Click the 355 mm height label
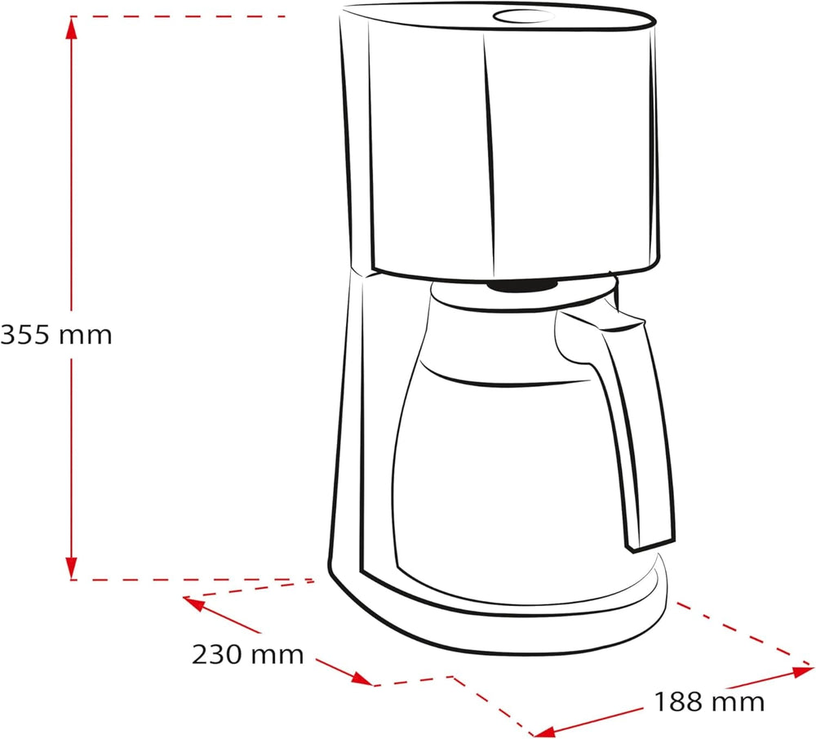55,334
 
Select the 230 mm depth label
247,653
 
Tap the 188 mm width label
708,701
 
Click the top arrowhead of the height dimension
72,29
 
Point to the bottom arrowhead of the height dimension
72,567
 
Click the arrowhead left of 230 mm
193,603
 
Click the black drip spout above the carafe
522,285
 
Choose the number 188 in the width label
679,701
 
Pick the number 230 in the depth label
218,653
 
